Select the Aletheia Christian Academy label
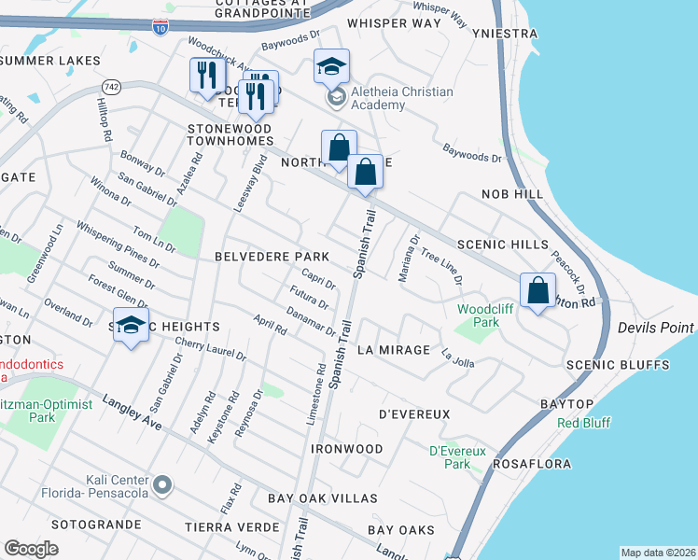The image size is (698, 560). pyautogui.click(x=402, y=98)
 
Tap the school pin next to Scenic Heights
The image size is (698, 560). pyautogui.click(x=132, y=327)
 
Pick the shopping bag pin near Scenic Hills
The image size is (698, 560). pyautogui.click(x=538, y=291)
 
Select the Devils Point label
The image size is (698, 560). pyautogui.click(x=656, y=328)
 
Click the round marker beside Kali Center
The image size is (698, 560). pyautogui.click(x=163, y=483)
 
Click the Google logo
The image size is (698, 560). pyautogui.click(x=32, y=549)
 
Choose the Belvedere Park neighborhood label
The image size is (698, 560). pyautogui.click(x=272, y=256)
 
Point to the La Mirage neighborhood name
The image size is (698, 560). pyautogui.click(x=393, y=350)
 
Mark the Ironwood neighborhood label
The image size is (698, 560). pyautogui.click(x=346, y=449)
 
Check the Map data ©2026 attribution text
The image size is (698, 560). pyautogui.click(x=657, y=553)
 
